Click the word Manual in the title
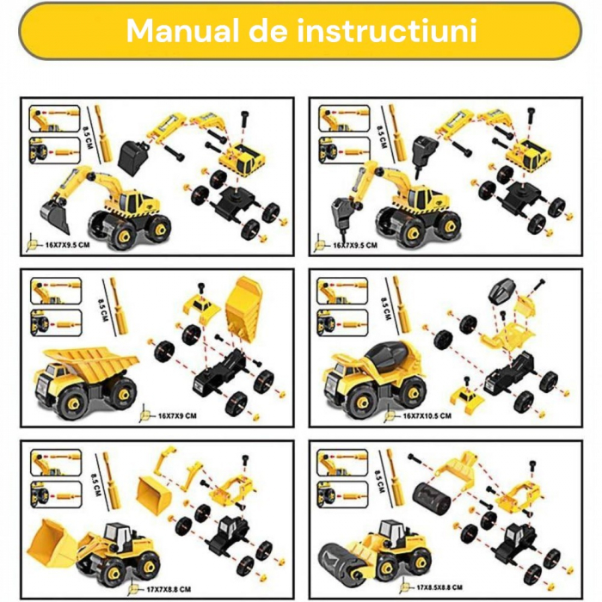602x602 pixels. click(x=175, y=30)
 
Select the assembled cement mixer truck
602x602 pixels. click(x=372, y=374)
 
